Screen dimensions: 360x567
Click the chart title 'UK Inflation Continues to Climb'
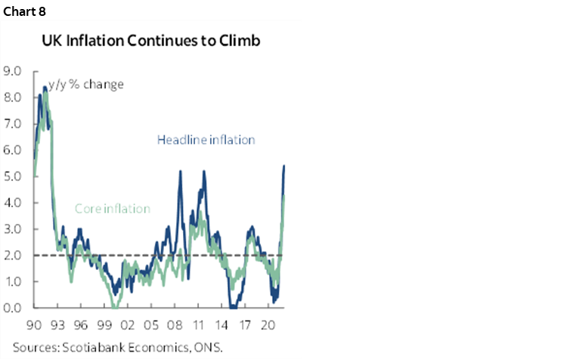[x=151, y=42]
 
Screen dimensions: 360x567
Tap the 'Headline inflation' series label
[x=206, y=140]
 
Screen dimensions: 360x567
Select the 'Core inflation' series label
[x=113, y=209]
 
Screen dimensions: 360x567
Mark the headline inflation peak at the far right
[x=283, y=166]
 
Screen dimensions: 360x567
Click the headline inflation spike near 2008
[x=181, y=172]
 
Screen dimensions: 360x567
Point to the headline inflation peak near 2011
[x=204, y=172]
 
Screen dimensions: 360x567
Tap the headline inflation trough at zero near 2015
[x=234, y=306]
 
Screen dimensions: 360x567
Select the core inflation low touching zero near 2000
[x=113, y=306]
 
